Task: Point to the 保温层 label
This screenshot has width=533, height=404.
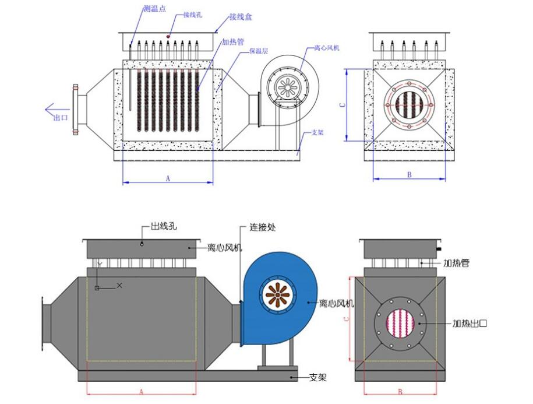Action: tap(259, 51)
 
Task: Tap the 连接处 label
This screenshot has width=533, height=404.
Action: tap(262, 227)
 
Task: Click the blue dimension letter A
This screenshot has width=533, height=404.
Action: tap(168, 179)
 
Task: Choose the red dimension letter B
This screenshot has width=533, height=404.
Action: tap(400, 392)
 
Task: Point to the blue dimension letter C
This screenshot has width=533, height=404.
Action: tap(343, 105)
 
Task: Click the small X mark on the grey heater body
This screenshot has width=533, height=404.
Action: tap(119, 284)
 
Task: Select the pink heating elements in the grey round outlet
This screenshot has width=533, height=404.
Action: tap(400, 323)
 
